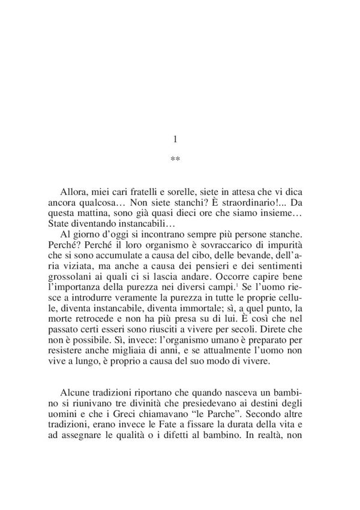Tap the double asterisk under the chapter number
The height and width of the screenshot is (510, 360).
(x=175, y=160)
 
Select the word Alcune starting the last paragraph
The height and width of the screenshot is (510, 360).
(x=76, y=388)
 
